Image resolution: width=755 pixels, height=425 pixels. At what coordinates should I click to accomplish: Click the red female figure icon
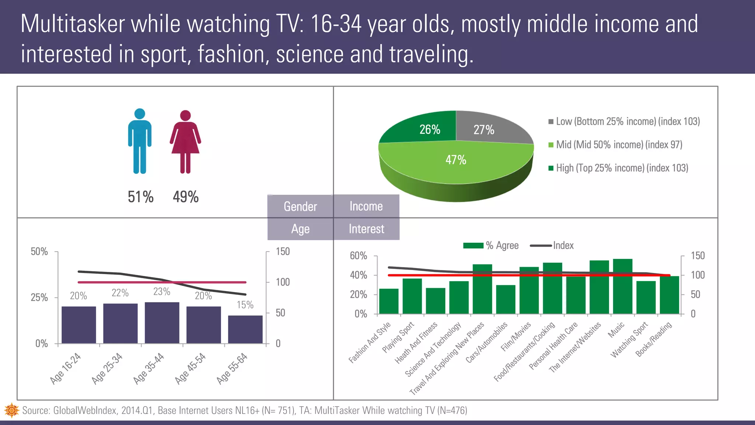(x=185, y=142)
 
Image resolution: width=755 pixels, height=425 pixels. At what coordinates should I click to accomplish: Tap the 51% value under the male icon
(x=140, y=197)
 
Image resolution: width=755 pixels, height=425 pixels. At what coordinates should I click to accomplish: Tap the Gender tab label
(x=300, y=206)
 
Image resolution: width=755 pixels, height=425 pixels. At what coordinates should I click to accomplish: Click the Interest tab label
(x=366, y=229)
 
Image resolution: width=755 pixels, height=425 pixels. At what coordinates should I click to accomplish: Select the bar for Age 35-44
(x=162, y=323)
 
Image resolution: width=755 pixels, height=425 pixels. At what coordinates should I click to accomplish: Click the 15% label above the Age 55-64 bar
(x=245, y=305)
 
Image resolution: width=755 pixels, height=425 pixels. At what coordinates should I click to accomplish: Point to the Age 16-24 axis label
(x=66, y=368)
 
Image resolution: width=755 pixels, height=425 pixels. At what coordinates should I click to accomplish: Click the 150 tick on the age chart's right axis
(x=283, y=252)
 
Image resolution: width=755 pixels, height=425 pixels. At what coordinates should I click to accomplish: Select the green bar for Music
(x=623, y=287)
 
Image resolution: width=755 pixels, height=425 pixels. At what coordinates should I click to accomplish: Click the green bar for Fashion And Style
(x=389, y=301)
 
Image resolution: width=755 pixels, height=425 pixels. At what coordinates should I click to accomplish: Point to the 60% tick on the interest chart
(x=358, y=256)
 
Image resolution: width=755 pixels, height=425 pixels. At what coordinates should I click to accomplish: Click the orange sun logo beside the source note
(x=11, y=410)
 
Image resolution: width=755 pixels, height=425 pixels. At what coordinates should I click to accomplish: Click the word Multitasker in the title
(x=73, y=24)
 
